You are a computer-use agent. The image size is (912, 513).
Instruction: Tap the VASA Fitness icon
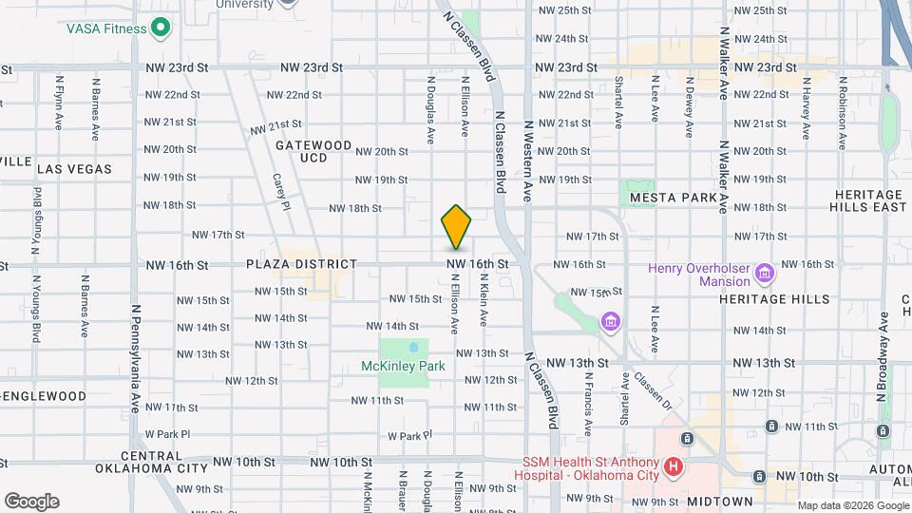pyautogui.click(x=161, y=28)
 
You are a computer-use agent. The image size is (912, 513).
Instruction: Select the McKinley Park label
pyautogui.click(x=403, y=366)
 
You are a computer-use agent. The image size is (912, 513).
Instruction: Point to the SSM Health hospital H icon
pyautogui.click(x=674, y=466)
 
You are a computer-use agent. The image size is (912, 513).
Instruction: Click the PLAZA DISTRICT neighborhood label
pyautogui.click(x=287, y=264)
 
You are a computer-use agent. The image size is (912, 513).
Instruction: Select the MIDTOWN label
pyautogui.click(x=719, y=501)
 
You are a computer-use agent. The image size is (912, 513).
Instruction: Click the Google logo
pyautogui.click(x=31, y=501)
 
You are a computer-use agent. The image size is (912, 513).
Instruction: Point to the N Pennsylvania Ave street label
pyautogui.click(x=136, y=358)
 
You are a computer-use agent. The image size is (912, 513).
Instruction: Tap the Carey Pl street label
pyautogui.click(x=279, y=193)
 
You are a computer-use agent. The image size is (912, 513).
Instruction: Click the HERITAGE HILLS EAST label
pyautogui.click(x=867, y=199)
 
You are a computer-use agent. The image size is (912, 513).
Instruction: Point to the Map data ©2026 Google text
pyautogui.click(x=852, y=505)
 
